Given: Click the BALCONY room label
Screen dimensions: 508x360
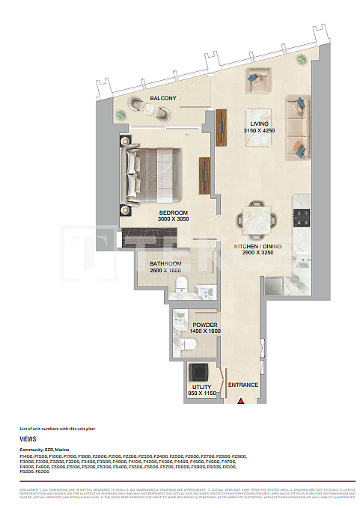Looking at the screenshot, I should (x=162, y=99).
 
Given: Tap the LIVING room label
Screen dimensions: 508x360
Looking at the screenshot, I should (x=260, y=123).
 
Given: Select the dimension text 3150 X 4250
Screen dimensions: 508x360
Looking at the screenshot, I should (x=260, y=131).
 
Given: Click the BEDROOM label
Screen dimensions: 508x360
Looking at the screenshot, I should (x=173, y=213).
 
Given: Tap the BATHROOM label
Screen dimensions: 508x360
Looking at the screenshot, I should (x=165, y=263).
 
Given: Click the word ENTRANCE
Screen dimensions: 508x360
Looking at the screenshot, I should (x=243, y=385).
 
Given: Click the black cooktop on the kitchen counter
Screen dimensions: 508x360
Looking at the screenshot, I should (x=302, y=217).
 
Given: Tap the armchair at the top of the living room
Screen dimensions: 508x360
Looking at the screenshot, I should (x=260, y=77).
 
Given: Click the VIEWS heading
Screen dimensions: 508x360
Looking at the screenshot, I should (x=28, y=439).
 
